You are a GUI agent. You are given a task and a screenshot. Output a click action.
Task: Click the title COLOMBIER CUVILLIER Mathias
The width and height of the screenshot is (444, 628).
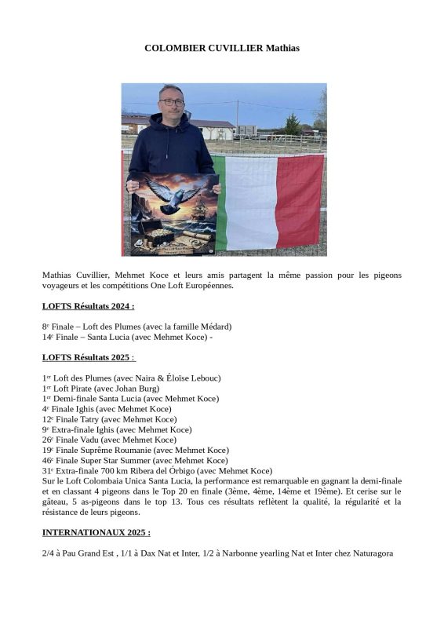[222, 49]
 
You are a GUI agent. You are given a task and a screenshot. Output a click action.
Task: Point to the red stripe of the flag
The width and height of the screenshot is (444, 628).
[300, 200]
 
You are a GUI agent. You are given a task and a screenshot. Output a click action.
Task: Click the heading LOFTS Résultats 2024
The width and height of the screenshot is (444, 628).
[88, 306]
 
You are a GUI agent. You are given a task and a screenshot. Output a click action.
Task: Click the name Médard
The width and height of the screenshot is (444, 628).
[212, 327]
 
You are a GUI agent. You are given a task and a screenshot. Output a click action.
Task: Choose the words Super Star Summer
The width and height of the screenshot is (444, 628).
[111, 460]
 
